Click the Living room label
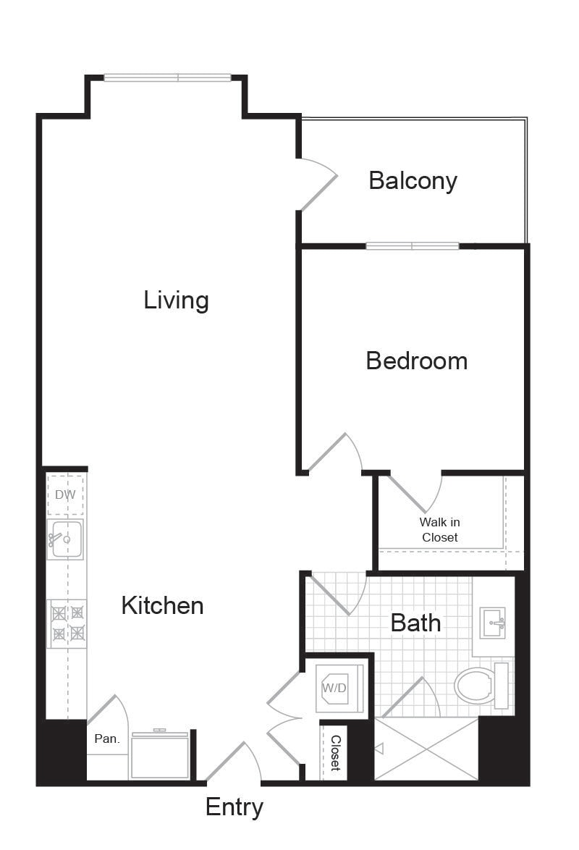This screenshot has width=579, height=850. tap(176, 300)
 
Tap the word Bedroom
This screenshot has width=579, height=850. tap(417, 361)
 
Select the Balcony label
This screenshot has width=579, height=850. tap(413, 181)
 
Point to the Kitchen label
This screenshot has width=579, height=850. tap(163, 605)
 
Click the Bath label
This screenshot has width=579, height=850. tap(416, 623)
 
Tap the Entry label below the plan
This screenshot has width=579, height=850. tap(234, 808)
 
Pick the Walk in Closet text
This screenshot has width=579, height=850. tap(439, 530)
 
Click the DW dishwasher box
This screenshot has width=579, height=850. tap(66, 495)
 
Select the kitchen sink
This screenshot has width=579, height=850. tap(65, 539)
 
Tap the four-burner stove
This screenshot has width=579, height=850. tap(67, 623)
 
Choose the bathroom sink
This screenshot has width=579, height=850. tap(493, 623)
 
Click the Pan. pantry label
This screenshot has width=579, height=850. tap(107, 739)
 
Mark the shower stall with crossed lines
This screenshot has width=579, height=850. tap(427, 749)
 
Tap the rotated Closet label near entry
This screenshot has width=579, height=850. tap(336, 753)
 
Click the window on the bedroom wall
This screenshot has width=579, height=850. tap(413, 246)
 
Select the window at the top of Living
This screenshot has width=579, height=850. tap(167, 77)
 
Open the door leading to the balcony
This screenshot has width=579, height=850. tap(318, 185)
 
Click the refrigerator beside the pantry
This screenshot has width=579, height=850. tap(160, 754)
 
